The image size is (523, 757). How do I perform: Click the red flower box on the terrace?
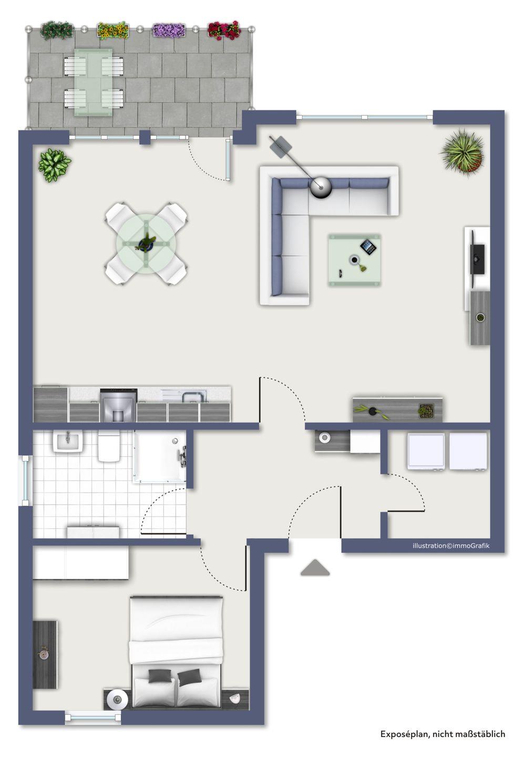point(224,30)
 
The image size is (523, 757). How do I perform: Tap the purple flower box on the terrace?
point(169,30)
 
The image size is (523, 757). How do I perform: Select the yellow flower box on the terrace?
point(113,30)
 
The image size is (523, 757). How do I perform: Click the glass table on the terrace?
point(93,83)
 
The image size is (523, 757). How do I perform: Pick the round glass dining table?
point(146,243)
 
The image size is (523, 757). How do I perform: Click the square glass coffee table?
point(354,260)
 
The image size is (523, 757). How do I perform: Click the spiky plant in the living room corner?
point(462,151)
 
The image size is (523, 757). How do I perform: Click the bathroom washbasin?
point(68,442)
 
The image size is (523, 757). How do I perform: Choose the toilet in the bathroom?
point(109,447)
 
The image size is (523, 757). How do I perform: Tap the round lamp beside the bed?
point(117,698)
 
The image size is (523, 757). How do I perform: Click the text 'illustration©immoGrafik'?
point(451,546)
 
